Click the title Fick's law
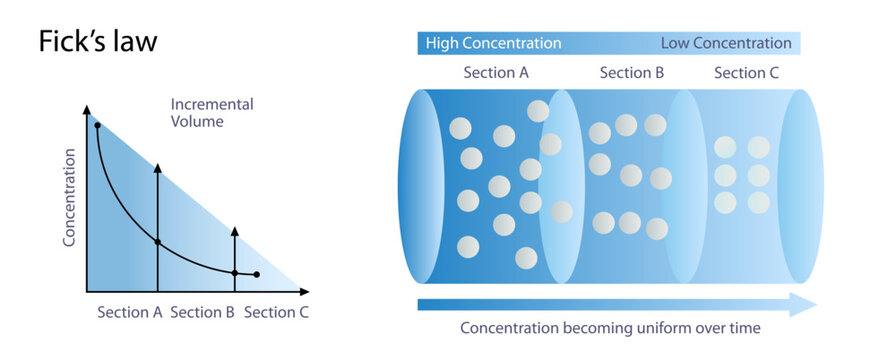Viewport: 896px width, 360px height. pyautogui.click(x=98, y=43)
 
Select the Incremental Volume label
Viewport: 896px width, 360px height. pyautogui.click(x=211, y=112)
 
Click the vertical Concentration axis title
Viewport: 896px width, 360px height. pyautogui.click(x=70, y=198)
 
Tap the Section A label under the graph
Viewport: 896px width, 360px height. pyautogui.click(x=130, y=312)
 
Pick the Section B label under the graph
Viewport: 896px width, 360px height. pyautogui.click(x=202, y=312)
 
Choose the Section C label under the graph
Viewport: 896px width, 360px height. pyautogui.click(x=276, y=312)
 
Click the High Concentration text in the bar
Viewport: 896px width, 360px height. pyautogui.click(x=493, y=43)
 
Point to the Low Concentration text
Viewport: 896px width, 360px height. pyautogui.click(x=726, y=43)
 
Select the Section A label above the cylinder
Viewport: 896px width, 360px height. pyautogui.click(x=496, y=73)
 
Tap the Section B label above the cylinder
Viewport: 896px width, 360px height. pyautogui.click(x=632, y=73)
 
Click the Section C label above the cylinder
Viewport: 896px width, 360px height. pyautogui.click(x=747, y=73)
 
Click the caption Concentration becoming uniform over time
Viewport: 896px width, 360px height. pyautogui.click(x=610, y=328)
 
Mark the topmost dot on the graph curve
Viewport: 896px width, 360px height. pyautogui.click(x=97, y=126)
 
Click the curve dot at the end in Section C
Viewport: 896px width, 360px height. pyautogui.click(x=257, y=274)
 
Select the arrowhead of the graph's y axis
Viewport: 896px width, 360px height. pyautogui.click(x=87, y=110)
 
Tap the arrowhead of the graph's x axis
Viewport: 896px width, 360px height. pyautogui.click(x=304, y=291)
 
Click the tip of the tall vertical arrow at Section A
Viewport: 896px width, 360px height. pyautogui.click(x=157, y=159)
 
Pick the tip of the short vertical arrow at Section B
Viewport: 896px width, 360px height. pyautogui.click(x=234, y=230)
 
